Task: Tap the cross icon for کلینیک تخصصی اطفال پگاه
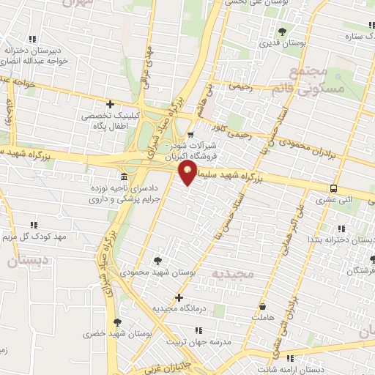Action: coord(110,104)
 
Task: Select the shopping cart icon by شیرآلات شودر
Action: coord(190,134)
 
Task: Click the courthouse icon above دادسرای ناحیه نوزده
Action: coord(124,178)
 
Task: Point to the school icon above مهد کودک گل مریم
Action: coord(33,225)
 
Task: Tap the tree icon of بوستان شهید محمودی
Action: coord(158,261)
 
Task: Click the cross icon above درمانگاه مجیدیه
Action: coord(179,297)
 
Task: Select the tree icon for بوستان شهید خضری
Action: coord(117,322)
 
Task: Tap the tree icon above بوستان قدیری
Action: coord(283,31)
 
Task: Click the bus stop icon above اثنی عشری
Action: coord(334,187)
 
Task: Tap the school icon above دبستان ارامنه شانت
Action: coord(291,358)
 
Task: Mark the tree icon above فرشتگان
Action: coord(372,259)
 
